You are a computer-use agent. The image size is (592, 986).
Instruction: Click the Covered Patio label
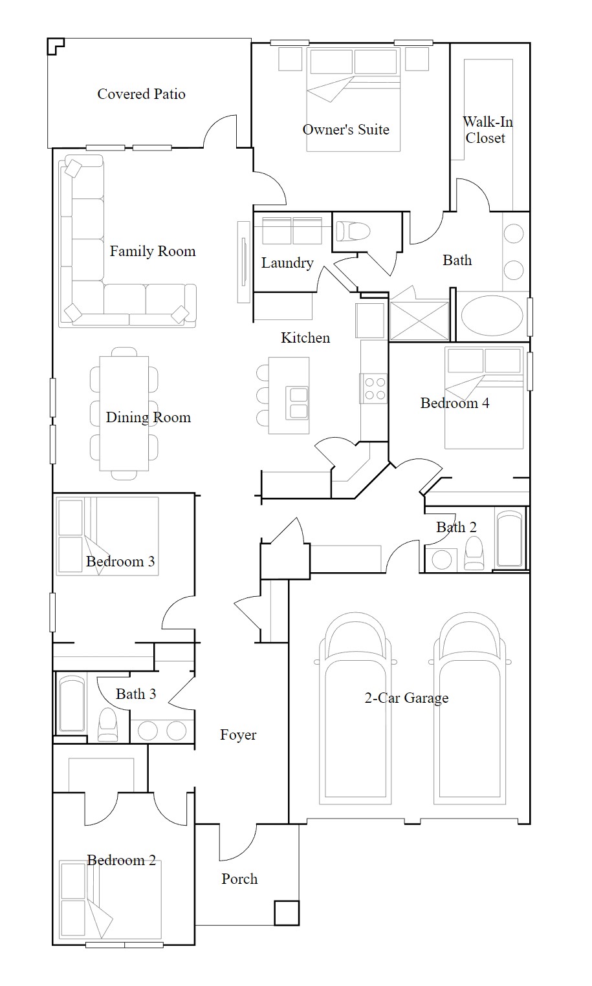[x=141, y=94]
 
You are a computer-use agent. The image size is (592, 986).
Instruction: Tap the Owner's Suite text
[x=345, y=129]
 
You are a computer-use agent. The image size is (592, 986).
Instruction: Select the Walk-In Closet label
[x=487, y=130]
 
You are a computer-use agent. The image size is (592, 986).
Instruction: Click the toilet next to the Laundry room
[x=353, y=231]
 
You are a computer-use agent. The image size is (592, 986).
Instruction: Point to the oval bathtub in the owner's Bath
[x=492, y=316]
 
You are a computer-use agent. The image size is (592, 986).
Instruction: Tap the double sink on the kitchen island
[x=298, y=403]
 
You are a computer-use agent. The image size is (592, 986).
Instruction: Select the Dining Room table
[x=124, y=413]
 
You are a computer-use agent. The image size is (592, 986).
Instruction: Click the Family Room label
[x=153, y=251]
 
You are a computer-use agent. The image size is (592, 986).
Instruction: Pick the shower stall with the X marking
[x=419, y=320]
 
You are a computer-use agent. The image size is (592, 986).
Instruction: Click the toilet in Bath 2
[x=474, y=553]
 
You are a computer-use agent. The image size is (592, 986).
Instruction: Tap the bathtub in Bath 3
[x=72, y=704]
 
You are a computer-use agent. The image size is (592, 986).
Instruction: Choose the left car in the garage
[x=355, y=708]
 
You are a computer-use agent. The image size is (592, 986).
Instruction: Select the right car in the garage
[x=470, y=708]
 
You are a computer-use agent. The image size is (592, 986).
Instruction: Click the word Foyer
[x=238, y=734]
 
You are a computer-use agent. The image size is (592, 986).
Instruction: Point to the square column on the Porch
[x=287, y=913]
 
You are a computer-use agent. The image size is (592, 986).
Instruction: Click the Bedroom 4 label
[x=455, y=403]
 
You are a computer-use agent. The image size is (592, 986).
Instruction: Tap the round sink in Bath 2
[x=442, y=560]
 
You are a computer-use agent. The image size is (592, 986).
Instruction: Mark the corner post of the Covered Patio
[x=56, y=46]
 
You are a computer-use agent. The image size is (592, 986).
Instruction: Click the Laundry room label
[x=287, y=263]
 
